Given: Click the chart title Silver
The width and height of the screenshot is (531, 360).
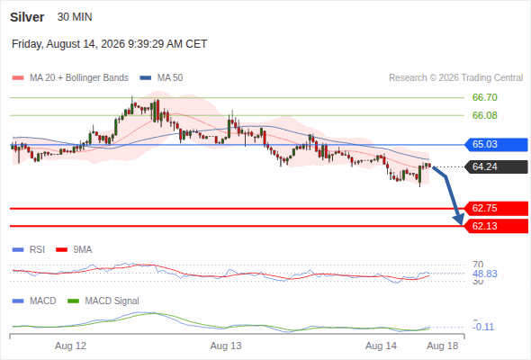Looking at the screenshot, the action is click(27, 17).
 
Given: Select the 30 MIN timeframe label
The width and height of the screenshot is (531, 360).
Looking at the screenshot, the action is click(75, 17).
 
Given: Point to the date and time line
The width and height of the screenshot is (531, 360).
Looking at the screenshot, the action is click(110, 44).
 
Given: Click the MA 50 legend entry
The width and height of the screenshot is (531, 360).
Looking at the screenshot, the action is click(161, 78).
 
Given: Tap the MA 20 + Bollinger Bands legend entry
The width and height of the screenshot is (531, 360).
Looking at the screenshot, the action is click(70, 78).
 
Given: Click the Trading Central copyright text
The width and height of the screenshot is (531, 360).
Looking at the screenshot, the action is click(455, 78).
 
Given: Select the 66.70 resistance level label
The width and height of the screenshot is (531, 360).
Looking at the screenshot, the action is click(484, 97).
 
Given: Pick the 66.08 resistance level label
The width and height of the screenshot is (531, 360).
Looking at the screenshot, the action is click(484, 115).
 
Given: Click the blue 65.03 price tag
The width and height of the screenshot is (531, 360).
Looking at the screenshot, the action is click(496, 145).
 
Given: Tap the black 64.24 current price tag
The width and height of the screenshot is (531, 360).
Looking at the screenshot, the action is click(496, 167).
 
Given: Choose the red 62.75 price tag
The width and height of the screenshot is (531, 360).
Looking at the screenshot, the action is click(496, 208).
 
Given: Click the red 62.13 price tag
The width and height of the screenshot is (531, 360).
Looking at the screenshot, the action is click(496, 226).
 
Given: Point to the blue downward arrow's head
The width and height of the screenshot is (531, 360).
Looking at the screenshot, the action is click(460, 220).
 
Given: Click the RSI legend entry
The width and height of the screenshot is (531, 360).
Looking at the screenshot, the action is click(29, 250).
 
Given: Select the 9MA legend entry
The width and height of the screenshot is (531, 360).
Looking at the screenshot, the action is click(74, 250).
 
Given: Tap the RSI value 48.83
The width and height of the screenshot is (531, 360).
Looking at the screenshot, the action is click(484, 274).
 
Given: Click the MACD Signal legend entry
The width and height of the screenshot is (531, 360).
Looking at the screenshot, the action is click(103, 301).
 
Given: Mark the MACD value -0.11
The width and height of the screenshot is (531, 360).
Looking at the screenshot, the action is click(484, 327).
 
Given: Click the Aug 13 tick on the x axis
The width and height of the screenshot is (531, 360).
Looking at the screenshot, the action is click(226, 346).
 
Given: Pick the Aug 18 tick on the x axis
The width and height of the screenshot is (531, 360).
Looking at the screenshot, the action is click(442, 346).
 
